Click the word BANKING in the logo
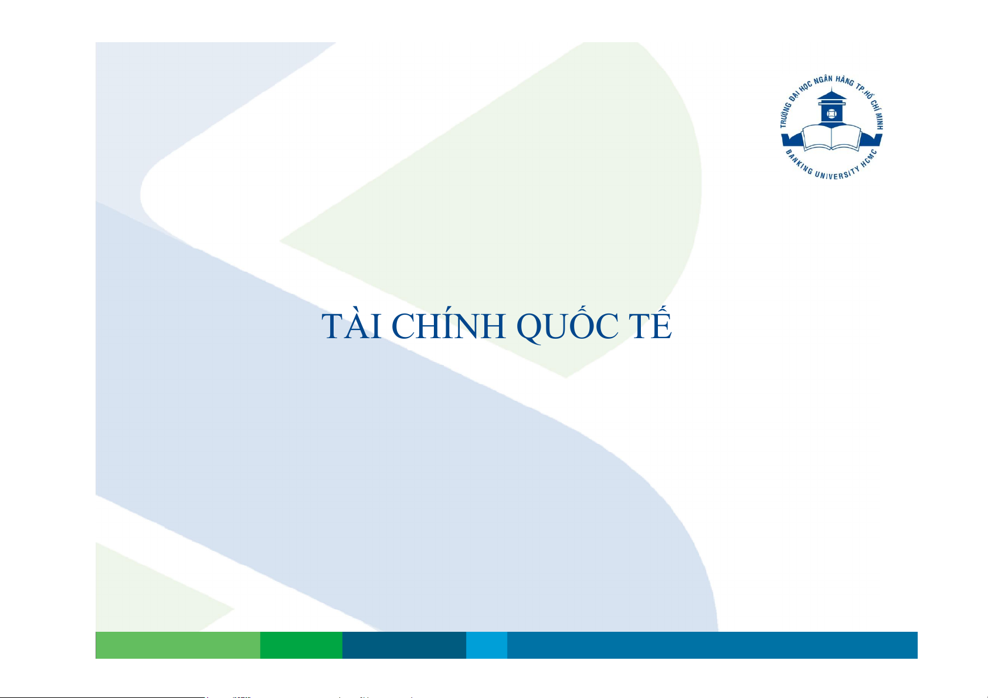(799, 162)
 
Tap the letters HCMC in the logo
(869, 159)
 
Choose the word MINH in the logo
(878, 121)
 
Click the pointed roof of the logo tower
(831, 94)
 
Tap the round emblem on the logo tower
(831, 114)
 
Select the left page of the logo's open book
(816, 138)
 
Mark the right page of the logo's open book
(847, 138)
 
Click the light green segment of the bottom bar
(178, 645)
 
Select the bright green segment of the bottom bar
(301, 645)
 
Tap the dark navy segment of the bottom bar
(404, 645)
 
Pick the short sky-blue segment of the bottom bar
(487, 645)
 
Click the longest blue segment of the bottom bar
(712, 645)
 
